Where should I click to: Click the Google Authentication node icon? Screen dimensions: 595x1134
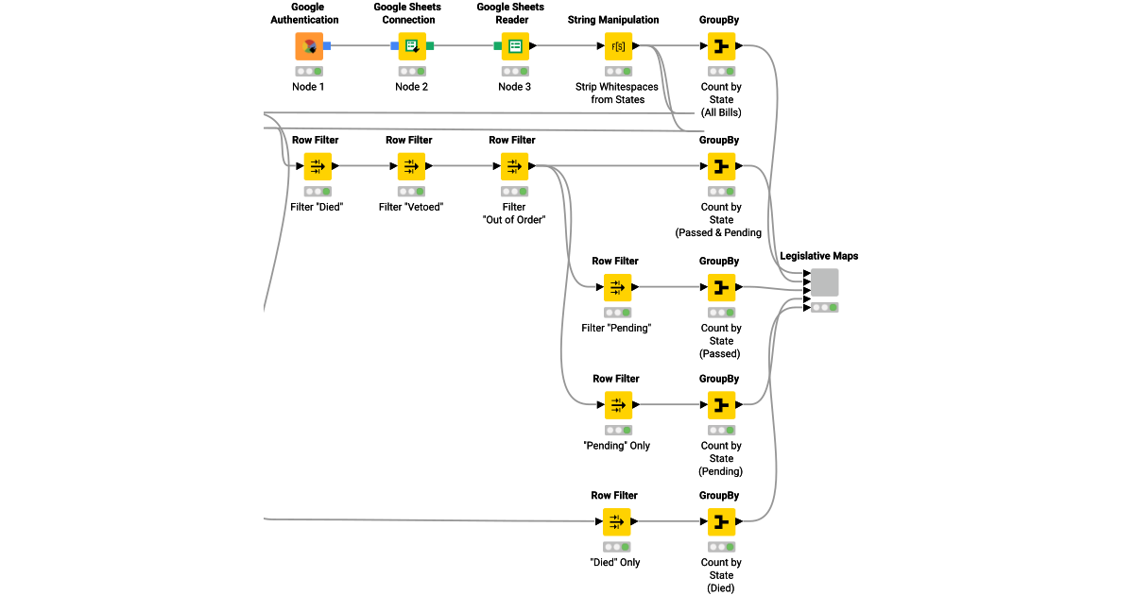coord(308,45)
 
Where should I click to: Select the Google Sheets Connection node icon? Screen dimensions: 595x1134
coord(412,45)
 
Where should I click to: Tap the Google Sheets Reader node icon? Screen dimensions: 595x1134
coord(515,45)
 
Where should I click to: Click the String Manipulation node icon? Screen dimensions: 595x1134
coord(618,45)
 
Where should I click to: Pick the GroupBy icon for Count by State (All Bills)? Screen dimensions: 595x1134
coord(721,45)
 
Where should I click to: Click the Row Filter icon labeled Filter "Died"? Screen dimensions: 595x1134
coord(317,166)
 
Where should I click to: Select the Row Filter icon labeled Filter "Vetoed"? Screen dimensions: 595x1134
coord(411,166)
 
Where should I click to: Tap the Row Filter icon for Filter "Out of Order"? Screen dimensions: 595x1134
coord(514,166)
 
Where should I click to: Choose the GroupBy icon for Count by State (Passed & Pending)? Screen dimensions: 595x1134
coord(721,166)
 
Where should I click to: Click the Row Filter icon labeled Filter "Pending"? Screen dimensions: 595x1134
coord(617,287)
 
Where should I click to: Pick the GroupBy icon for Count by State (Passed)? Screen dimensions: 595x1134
coord(721,287)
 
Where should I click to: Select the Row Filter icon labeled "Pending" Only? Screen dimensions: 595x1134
coord(617,405)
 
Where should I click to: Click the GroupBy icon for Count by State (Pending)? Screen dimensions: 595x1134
coord(721,405)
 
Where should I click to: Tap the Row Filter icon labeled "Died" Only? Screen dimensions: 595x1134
coord(616,521)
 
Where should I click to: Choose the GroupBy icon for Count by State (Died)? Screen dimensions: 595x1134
coord(721,521)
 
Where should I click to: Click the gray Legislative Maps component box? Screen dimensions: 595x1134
coord(824,282)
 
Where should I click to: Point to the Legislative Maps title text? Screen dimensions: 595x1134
coord(818,256)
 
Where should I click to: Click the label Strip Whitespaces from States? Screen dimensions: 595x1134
coord(617,93)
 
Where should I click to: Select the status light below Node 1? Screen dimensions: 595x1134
coord(308,71)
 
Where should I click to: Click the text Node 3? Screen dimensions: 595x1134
coord(515,87)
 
